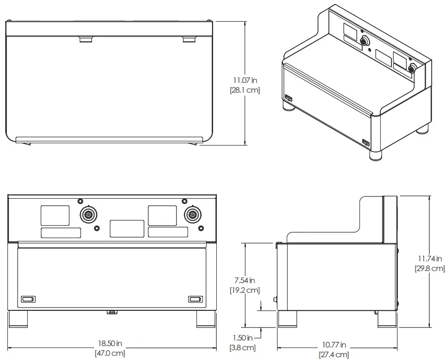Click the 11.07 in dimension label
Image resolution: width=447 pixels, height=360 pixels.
(x=245, y=81)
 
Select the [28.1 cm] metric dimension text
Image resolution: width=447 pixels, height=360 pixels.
(x=245, y=90)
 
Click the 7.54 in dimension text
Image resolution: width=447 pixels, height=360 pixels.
(x=245, y=280)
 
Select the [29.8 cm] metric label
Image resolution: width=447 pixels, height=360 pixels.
(x=430, y=268)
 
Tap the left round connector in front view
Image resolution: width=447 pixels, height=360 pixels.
(x=88, y=215)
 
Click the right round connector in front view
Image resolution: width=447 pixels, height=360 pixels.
(x=192, y=215)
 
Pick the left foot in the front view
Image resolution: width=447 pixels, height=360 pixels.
(x=18, y=319)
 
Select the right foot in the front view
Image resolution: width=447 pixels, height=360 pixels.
(x=206, y=319)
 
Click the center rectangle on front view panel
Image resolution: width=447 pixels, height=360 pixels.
(x=127, y=229)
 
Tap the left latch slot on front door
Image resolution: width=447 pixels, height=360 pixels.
(x=28, y=299)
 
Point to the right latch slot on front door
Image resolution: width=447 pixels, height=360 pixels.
(x=195, y=299)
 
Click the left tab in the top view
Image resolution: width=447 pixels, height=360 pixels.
(x=86, y=40)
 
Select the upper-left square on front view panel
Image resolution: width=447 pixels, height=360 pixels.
(x=55, y=215)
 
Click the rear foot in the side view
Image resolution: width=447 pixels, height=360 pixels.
(x=387, y=319)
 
